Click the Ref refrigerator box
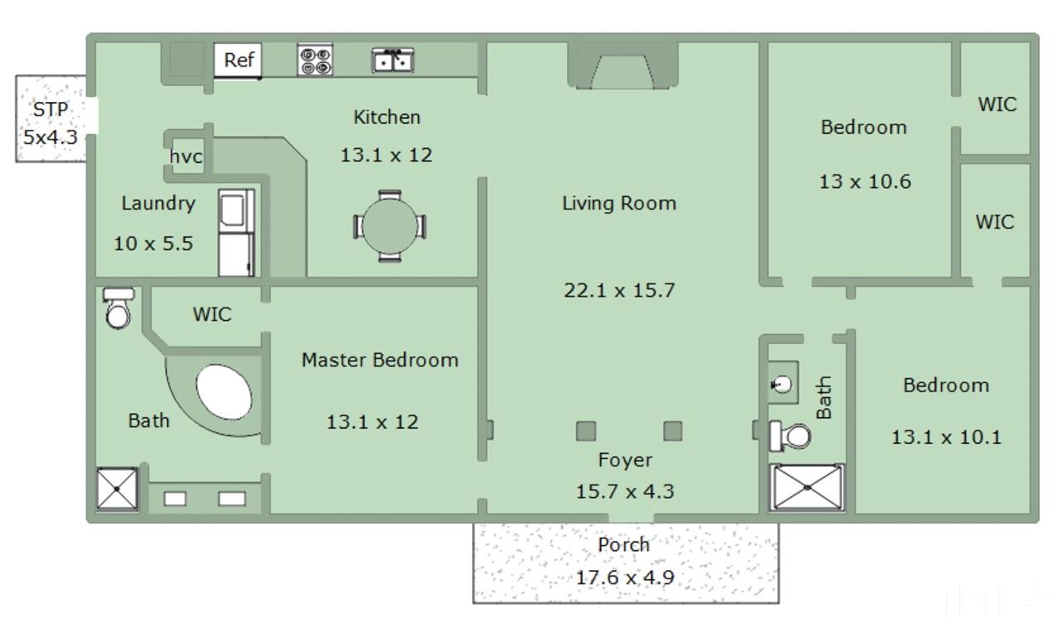click(238, 61)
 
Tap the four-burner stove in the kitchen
click(315, 60)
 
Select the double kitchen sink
click(393, 61)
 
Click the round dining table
click(390, 226)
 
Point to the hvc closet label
click(185, 156)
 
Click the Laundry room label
click(158, 204)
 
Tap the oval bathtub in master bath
click(224, 392)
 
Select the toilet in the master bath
click(118, 308)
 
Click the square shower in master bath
click(117, 489)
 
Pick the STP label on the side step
click(51, 110)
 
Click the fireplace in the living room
click(623, 66)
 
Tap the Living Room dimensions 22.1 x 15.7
click(619, 290)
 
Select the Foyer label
click(625, 460)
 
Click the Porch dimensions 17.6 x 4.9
click(625, 578)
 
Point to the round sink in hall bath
click(781, 384)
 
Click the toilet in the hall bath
click(791, 436)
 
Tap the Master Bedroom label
click(380, 360)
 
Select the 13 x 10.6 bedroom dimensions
click(865, 181)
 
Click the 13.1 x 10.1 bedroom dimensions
click(946, 437)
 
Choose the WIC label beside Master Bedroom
click(212, 314)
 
